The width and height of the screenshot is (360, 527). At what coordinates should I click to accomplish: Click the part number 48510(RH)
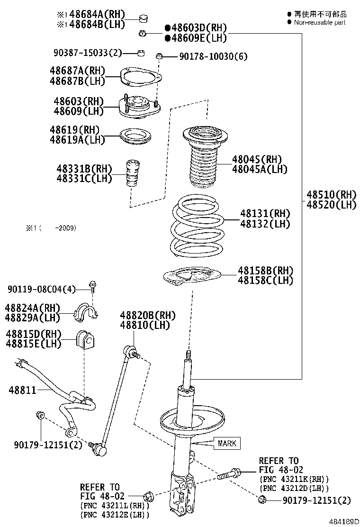point(331,194)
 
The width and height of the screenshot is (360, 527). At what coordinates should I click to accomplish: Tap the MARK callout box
point(226,444)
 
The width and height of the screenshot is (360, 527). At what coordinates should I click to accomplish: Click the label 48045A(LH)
point(260,169)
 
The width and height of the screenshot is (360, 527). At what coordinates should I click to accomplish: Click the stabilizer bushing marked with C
point(88,339)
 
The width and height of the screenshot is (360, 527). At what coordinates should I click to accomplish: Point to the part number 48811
point(23,391)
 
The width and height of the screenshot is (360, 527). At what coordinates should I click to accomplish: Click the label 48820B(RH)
point(147,316)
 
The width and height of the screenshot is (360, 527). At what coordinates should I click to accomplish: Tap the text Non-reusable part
point(320,22)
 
